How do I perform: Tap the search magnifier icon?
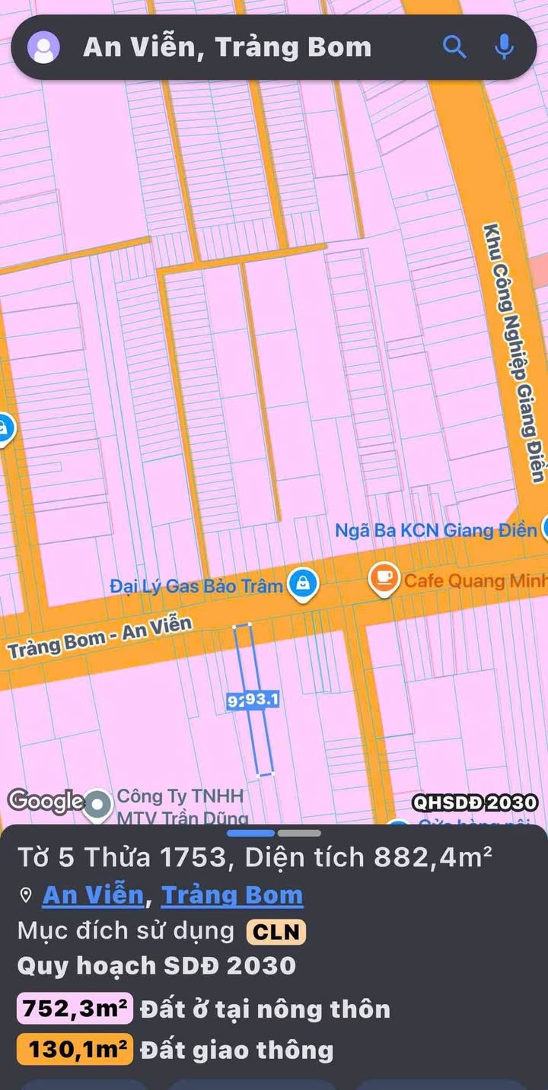pos(454,47)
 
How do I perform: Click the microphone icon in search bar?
pos(503,47)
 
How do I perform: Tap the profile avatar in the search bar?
pos(43,47)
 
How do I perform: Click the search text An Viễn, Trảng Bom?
pos(227,47)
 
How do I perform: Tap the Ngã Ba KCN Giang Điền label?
pos(435,530)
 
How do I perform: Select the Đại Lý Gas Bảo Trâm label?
pos(196,586)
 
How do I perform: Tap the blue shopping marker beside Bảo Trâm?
pos(304,584)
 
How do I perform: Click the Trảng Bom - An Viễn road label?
pos(100,637)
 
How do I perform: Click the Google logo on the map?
pos(46,800)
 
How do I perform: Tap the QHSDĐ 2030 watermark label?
pos(475,802)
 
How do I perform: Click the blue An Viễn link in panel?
pos(93,895)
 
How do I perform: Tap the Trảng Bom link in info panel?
pos(232,895)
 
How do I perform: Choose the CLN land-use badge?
pos(276,931)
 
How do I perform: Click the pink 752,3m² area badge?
pos(75,1010)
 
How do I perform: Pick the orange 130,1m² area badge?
pos(75,1050)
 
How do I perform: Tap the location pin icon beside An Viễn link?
pos(26,896)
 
